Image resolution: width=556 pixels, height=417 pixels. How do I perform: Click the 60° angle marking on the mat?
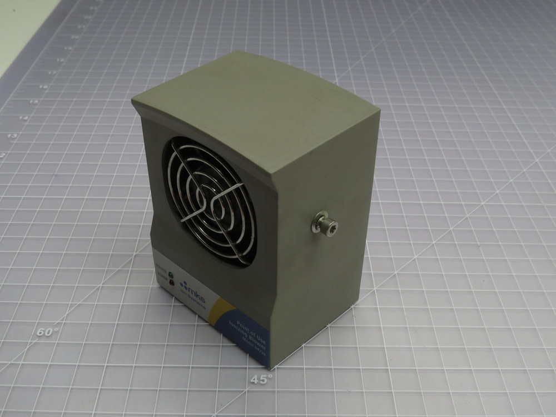[48, 332]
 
